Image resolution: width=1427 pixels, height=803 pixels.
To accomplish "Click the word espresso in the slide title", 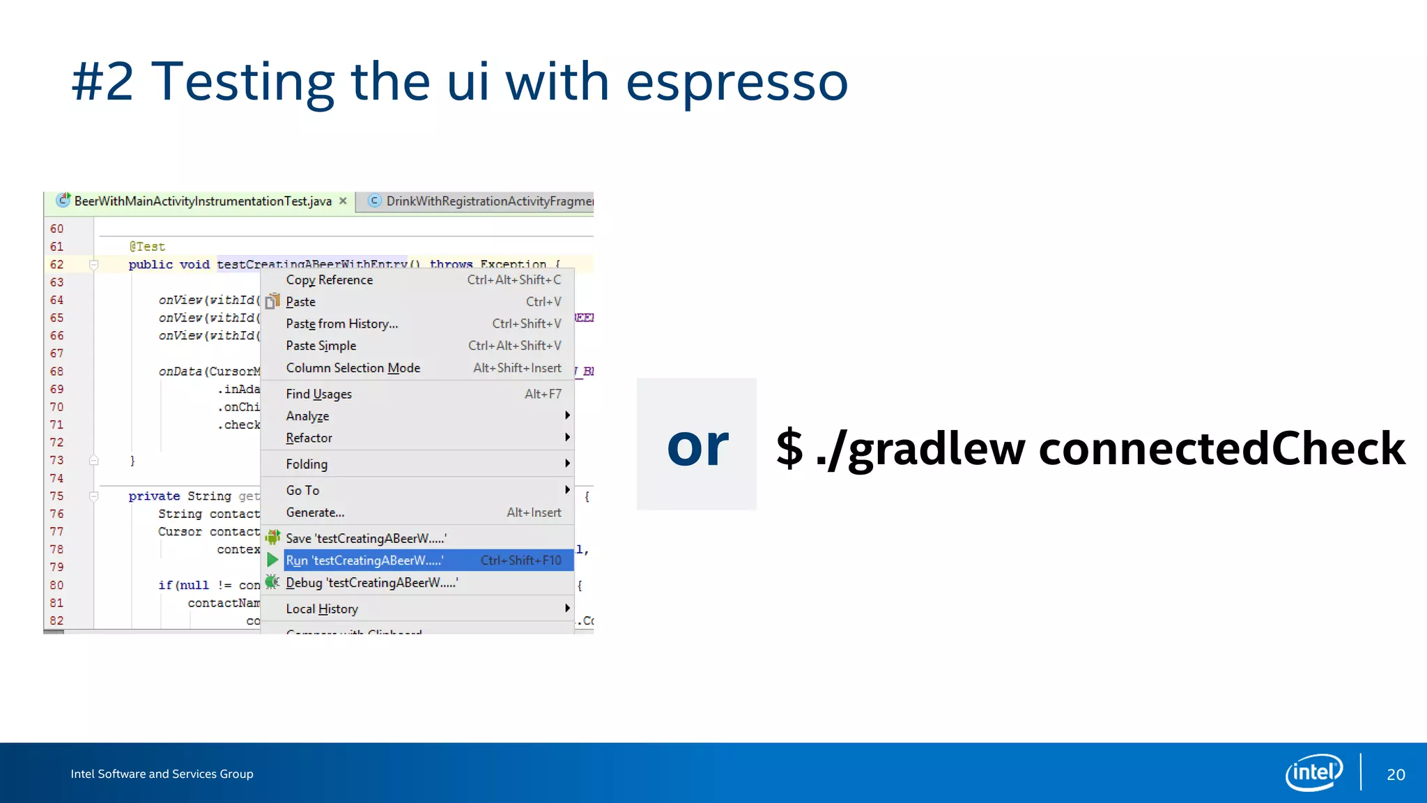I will coord(736,82).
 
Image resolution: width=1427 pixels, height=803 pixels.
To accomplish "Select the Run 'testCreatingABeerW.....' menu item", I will coord(364,560).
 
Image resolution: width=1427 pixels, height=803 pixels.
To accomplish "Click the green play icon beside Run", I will coord(272,560).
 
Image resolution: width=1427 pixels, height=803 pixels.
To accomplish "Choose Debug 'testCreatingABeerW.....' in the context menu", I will coord(371,583).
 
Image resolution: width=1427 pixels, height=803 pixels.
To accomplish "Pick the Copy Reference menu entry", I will coord(329,280).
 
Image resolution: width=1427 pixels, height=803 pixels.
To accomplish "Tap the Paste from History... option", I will coord(341,323).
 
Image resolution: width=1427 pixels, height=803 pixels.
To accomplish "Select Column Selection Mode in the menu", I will coord(353,368).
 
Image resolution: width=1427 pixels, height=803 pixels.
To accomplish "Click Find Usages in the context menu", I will coord(318,394).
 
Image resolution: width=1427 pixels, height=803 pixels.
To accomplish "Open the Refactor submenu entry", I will coord(309,438).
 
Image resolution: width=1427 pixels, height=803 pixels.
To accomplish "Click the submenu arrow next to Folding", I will coord(567,464).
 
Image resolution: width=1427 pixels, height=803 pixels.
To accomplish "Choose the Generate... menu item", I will coord(315,512).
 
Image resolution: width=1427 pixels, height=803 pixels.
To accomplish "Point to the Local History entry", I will coord(322,609).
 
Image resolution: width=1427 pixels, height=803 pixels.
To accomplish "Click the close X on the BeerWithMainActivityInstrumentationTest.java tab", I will coord(343,201).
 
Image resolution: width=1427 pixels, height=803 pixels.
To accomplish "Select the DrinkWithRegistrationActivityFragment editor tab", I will coord(481,201).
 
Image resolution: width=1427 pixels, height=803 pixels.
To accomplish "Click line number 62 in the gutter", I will coord(56,264).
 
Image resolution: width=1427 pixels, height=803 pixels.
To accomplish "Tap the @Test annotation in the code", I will coord(147,246).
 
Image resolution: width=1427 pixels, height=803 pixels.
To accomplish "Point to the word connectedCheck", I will coord(1221,448).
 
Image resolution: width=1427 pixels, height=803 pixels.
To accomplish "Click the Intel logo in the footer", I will coord(1313,772).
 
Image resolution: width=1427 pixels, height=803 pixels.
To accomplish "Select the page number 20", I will coord(1396,774).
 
